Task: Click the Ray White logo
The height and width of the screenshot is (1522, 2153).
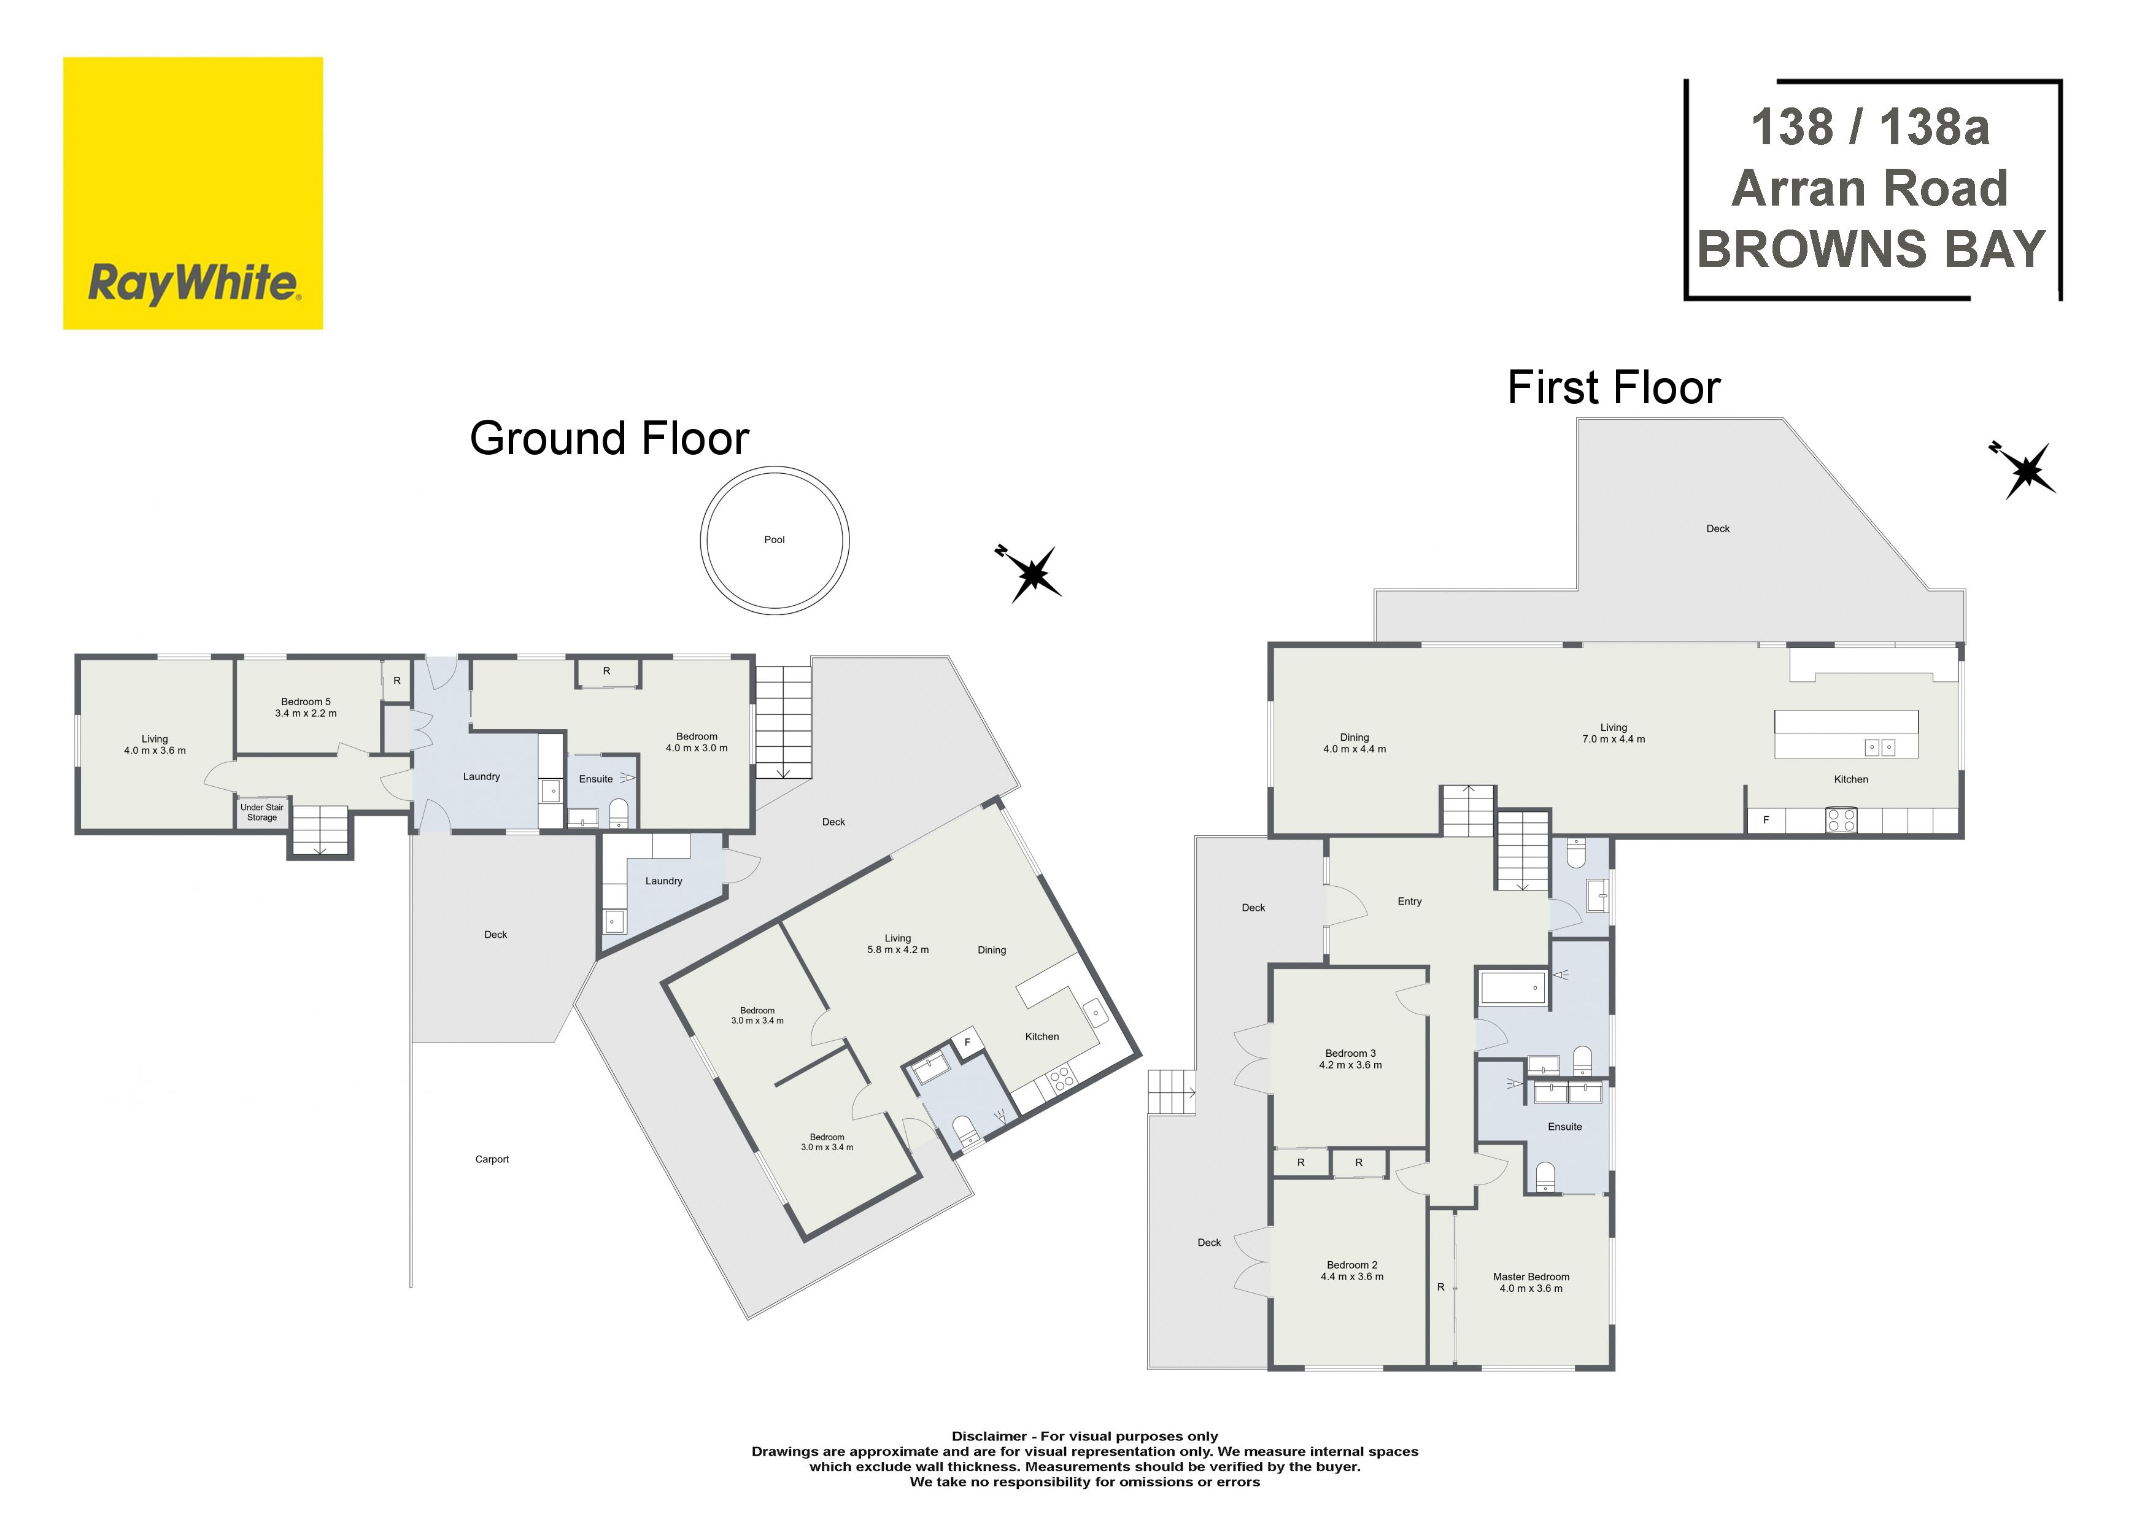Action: click(193, 193)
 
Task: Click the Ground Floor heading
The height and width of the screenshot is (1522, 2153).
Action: click(609, 438)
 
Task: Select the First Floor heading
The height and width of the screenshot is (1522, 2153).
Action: click(1614, 387)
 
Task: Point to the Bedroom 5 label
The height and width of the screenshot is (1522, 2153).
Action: click(306, 707)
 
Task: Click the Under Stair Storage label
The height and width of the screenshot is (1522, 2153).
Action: click(261, 812)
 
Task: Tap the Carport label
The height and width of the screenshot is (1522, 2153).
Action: click(492, 1159)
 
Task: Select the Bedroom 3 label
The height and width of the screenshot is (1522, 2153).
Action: click(1350, 1059)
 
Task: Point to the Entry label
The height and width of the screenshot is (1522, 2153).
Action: click(1409, 901)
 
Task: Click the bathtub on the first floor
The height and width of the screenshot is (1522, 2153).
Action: click(1512, 987)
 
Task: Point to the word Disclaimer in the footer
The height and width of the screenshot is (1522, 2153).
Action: click(990, 1435)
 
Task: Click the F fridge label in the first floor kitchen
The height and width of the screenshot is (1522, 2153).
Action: click(1766, 820)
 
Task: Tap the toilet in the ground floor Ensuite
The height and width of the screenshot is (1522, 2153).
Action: click(619, 812)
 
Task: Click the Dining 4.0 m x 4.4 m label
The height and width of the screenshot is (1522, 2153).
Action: click(1354, 743)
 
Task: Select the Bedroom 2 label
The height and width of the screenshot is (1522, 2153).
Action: click(1352, 1270)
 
